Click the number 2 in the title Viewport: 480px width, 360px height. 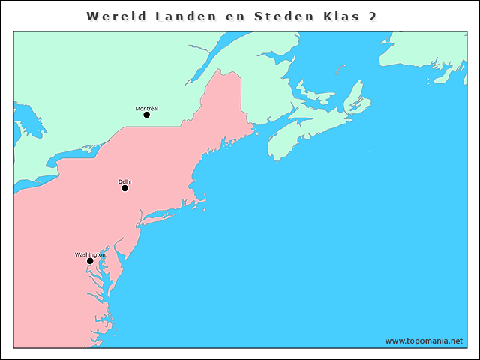click(373, 16)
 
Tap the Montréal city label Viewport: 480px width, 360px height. click(146, 109)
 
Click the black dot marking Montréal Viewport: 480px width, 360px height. click(146, 115)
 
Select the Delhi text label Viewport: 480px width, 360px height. click(124, 182)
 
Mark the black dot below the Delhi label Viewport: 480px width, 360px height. click(124, 188)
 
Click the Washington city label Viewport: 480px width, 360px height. click(90, 255)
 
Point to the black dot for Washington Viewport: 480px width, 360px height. click(90, 261)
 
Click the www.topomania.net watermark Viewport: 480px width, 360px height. click(424, 340)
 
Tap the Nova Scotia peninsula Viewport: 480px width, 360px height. click(300, 135)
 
